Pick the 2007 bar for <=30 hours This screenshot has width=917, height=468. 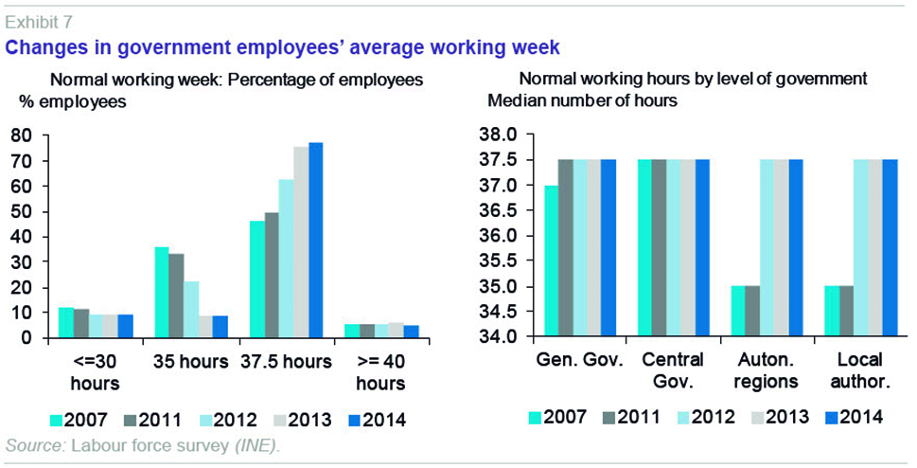click(65, 322)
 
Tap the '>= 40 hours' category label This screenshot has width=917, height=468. click(386, 371)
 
